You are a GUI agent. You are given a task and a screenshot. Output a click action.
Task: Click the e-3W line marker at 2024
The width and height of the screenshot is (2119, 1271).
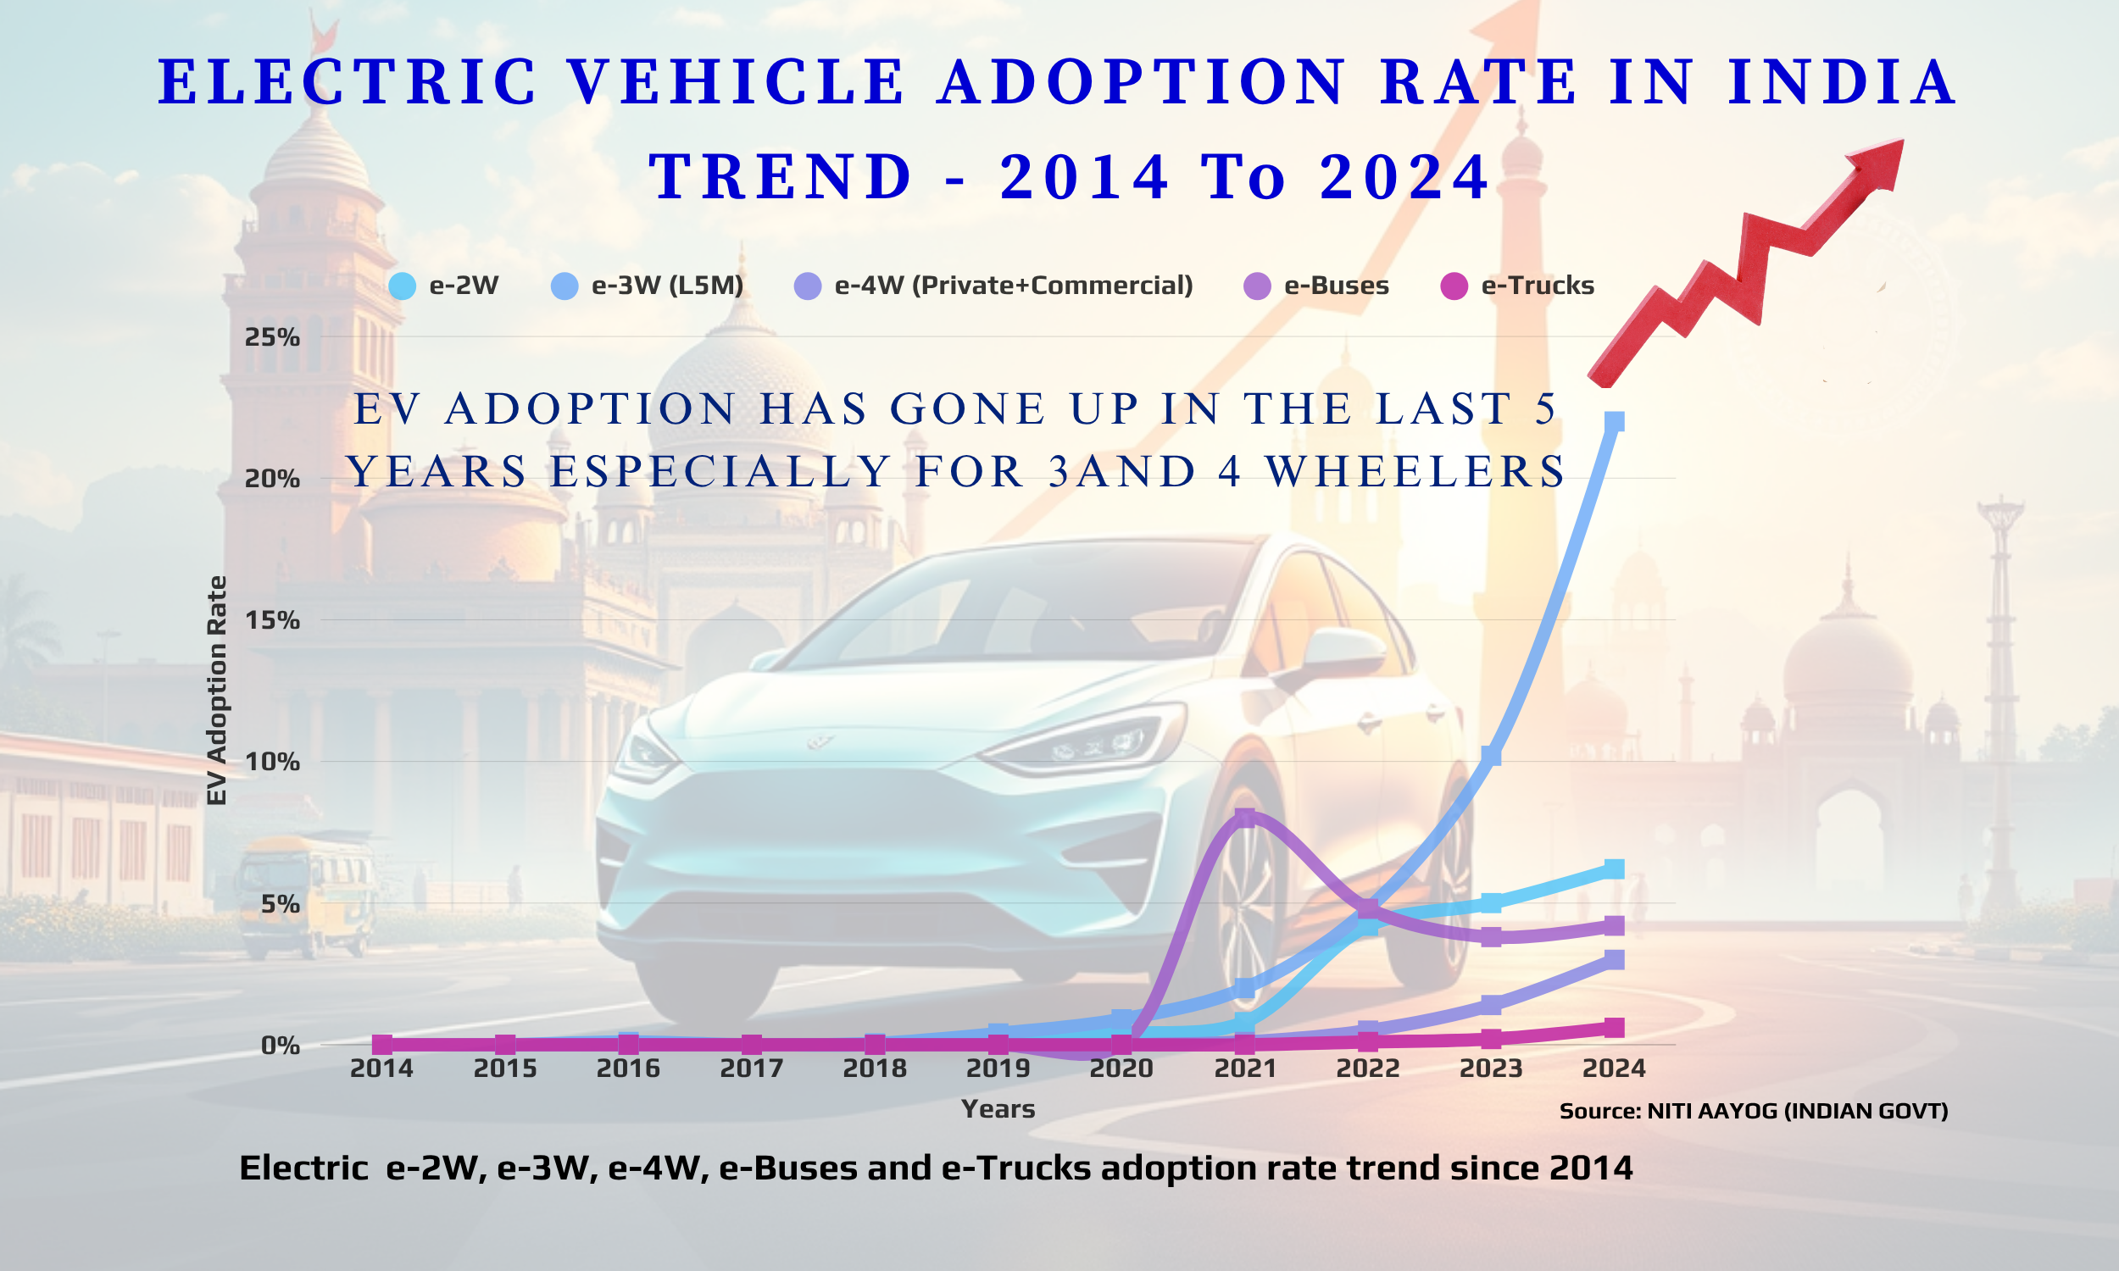[1614, 422]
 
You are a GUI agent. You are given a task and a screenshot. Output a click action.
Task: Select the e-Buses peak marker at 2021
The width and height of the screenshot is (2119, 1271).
[1245, 817]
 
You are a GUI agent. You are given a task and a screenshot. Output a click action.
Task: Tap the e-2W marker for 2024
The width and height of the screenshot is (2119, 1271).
[1614, 869]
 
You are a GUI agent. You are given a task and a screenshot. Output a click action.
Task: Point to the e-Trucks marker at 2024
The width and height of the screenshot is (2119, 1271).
[1614, 1027]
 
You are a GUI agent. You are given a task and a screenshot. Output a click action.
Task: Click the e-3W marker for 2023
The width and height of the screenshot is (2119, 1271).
[1491, 756]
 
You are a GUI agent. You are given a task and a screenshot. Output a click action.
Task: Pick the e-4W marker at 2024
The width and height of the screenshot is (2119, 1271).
[1614, 959]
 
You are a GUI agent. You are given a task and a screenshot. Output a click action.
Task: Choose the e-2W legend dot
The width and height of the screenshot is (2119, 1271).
[402, 286]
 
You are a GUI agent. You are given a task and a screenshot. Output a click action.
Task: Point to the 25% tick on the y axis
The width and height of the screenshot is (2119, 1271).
[272, 337]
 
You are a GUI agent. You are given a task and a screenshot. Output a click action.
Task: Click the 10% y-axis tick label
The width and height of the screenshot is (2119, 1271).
[272, 762]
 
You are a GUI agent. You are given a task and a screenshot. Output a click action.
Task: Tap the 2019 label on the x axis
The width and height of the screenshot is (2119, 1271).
[998, 1068]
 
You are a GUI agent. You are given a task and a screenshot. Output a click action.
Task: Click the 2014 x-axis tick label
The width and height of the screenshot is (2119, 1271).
[382, 1068]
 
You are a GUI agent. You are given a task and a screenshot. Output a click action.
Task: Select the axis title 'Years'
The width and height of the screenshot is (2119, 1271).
[998, 1109]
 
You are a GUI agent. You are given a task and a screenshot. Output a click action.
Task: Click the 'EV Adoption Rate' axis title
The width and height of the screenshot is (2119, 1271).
[218, 691]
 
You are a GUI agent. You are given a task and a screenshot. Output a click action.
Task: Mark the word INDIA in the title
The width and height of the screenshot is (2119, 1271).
[1842, 83]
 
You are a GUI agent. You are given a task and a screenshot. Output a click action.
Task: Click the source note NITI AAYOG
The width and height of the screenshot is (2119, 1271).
[1754, 1111]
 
